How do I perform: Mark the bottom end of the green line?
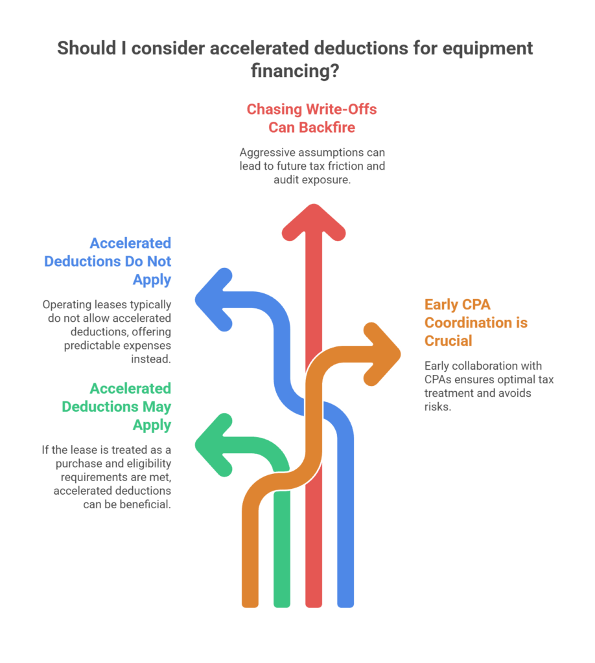click(x=282, y=601)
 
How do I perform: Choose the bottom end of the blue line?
click(x=345, y=601)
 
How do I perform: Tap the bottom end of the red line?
click(x=314, y=601)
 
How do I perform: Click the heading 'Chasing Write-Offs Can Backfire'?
click(x=312, y=118)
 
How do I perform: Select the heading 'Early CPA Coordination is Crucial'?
click(x=476, y=322)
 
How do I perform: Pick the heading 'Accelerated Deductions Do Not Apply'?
click(x=108, y=261)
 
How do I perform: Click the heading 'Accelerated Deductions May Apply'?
click(x=117, y=407)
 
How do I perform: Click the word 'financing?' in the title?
click(x=296, y=71)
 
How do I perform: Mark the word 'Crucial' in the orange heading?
click(x=449, y=340)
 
